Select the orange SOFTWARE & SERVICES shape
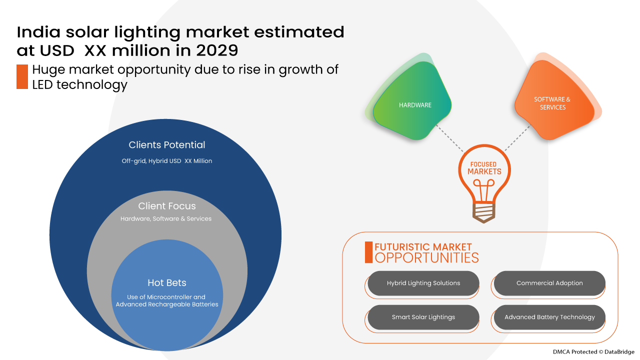(x=553, y=103)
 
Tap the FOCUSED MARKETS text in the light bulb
(x=484, y=168)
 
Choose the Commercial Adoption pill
(x=549, y=283)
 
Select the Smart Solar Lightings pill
(x=423, y=317)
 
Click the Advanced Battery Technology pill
(x=549, y=317)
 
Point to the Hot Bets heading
(x=167, y=283)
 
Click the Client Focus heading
(x=167, y=206)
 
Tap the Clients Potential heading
(x=167, y=145)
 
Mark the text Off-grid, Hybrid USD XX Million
(x=167, y=161)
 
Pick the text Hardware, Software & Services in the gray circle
(x=166, y=219)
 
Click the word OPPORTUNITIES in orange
(x=426, y=258)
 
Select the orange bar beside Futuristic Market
(x=368, y=252)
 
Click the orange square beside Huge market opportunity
(x=22, y=76)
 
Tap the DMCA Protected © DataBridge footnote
(x=593, y=351)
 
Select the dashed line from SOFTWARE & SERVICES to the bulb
(x=517, y=137)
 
